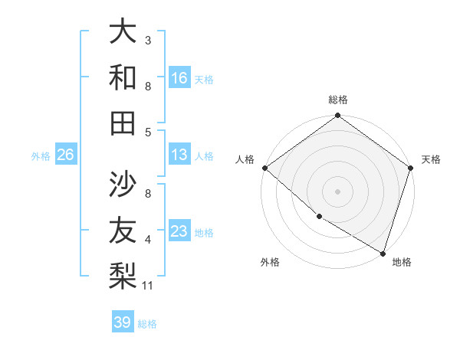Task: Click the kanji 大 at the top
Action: click(123, 31)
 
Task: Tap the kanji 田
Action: click(123, 122)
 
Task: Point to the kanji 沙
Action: click(123, 183)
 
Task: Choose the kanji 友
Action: click(123, 230)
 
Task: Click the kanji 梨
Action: click(123, 273)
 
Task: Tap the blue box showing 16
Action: click(179, 77)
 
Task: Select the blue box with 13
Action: click(179, 155)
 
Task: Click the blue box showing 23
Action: click(179, 232)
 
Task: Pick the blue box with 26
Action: click(65, 155)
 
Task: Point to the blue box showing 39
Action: click(123, 322)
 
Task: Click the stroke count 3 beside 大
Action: click(148, 40)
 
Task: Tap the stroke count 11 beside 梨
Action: click(149, 286)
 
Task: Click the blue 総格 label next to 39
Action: click(147, 324)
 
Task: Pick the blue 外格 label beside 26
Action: click(41, 156)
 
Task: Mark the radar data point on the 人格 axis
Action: click(264, 168)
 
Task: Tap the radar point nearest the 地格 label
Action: click(383, 252)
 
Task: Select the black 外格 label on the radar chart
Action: click(270, 263)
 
